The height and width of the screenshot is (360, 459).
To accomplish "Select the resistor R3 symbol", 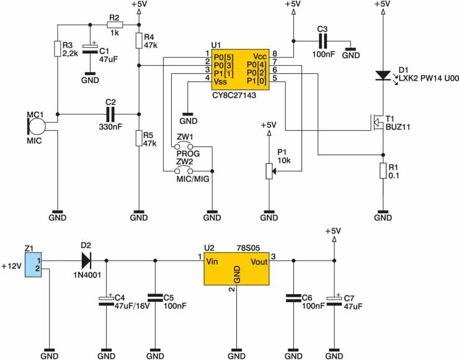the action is pyautogui.click(x=58, y=48).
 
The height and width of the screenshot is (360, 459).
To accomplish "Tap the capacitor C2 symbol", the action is pyautogui.click(x=110, y=114).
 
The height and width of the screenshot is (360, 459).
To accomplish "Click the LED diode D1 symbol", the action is pyautogui.click(x=383, y=76).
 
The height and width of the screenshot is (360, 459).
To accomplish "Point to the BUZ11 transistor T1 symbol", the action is pyautogui.click(x=378, y=122).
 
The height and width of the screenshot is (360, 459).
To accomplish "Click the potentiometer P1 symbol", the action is pyautogui.click(x=269, y=171).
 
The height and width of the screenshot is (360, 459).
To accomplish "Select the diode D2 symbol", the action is pyautogui.click(x=86, y=261).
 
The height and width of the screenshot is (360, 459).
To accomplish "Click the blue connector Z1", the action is pyautogui.click(x=33, y=265).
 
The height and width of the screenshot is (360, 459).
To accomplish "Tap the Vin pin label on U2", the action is pyautogui.click(x=212, y=261).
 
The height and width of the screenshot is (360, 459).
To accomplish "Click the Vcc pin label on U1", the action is pyautogui.click(x=260, y=56).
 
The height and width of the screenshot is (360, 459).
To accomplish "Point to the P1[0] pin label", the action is pyautogui.click(x=257, y=81).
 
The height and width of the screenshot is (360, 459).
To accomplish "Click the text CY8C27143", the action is pyautogui.click(x=234, y=95).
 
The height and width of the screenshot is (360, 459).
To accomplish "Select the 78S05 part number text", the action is pyautogui.click(x=248, y=248).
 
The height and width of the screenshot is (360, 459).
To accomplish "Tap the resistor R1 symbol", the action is pyautogui.click(x=383, y=171).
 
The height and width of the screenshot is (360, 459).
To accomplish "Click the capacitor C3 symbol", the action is pyautogui.click(x=323, y=41).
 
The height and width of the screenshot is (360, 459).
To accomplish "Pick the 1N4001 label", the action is pyautogui.click(x=87, y=275).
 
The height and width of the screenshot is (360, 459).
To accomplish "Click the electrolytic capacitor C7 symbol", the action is pyautogui.click(x=334, y=301).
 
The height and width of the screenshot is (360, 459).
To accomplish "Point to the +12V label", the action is pyautogui.click(x=12, y=266).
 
